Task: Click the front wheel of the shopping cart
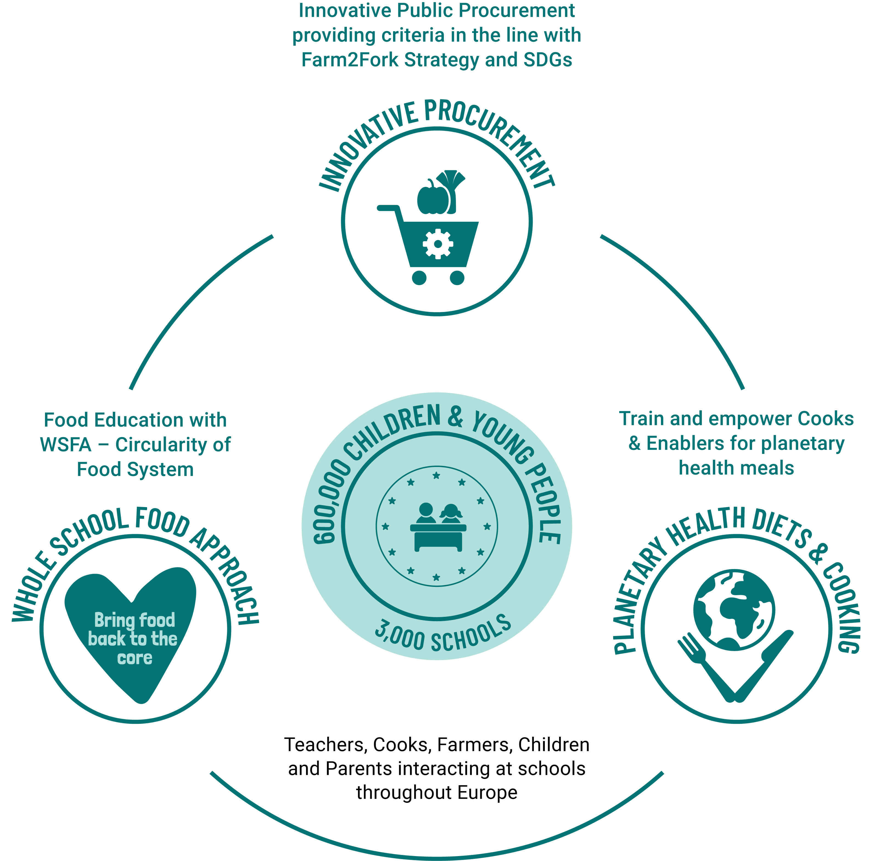(457, 277)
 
